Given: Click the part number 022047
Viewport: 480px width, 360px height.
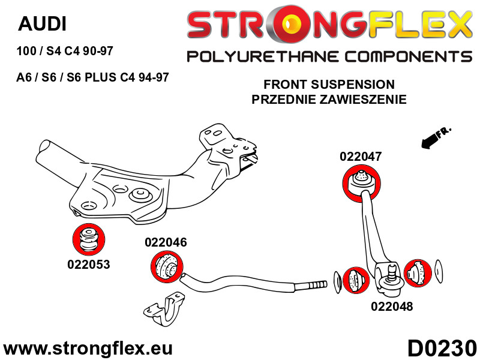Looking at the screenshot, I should pos(361,157).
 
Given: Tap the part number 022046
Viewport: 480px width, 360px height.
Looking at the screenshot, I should pos(165,243).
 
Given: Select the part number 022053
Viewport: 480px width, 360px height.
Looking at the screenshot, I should pos(89,264).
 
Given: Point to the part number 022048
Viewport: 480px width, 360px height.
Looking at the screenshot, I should pos(392,307).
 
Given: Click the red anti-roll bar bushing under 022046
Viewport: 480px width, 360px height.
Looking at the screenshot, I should pos(164,267).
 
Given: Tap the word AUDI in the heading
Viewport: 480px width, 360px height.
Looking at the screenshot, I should pos(42,24).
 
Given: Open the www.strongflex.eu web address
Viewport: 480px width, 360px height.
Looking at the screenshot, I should pos(88,349).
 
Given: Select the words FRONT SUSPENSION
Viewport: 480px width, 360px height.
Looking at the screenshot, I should pos(329,85).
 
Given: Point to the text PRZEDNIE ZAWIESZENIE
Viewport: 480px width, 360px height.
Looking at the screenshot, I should pos(329,100).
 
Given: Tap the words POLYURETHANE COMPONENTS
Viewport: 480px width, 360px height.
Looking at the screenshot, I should pos(329,57).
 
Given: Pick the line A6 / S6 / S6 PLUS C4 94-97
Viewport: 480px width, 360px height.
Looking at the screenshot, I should pos(92,77).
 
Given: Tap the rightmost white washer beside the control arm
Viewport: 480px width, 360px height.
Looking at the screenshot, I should pos(439,272).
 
